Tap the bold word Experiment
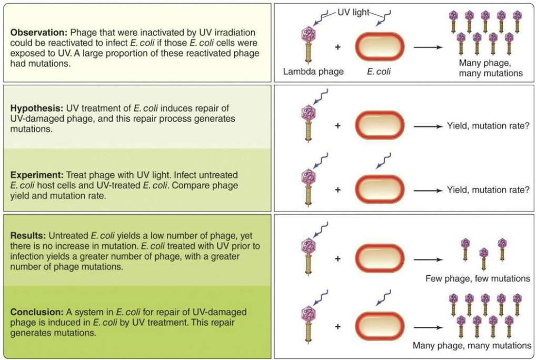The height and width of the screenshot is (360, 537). coord(37,174)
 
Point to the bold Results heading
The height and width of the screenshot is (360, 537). coord(29,236)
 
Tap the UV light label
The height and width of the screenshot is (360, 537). coord(353,12)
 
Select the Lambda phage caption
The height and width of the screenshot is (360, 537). coord(313,72)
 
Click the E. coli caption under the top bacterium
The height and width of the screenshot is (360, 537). coord(379,72)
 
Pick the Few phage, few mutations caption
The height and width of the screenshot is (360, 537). coord(478,278)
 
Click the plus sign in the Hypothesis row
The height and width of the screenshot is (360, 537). coord(337,126)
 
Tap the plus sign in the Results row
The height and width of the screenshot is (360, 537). coord(337,258)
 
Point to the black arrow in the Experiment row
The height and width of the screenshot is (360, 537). coord(427,190)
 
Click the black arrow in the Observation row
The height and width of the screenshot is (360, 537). coord(427,47)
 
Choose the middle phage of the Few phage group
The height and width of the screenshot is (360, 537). coord(483,258)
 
